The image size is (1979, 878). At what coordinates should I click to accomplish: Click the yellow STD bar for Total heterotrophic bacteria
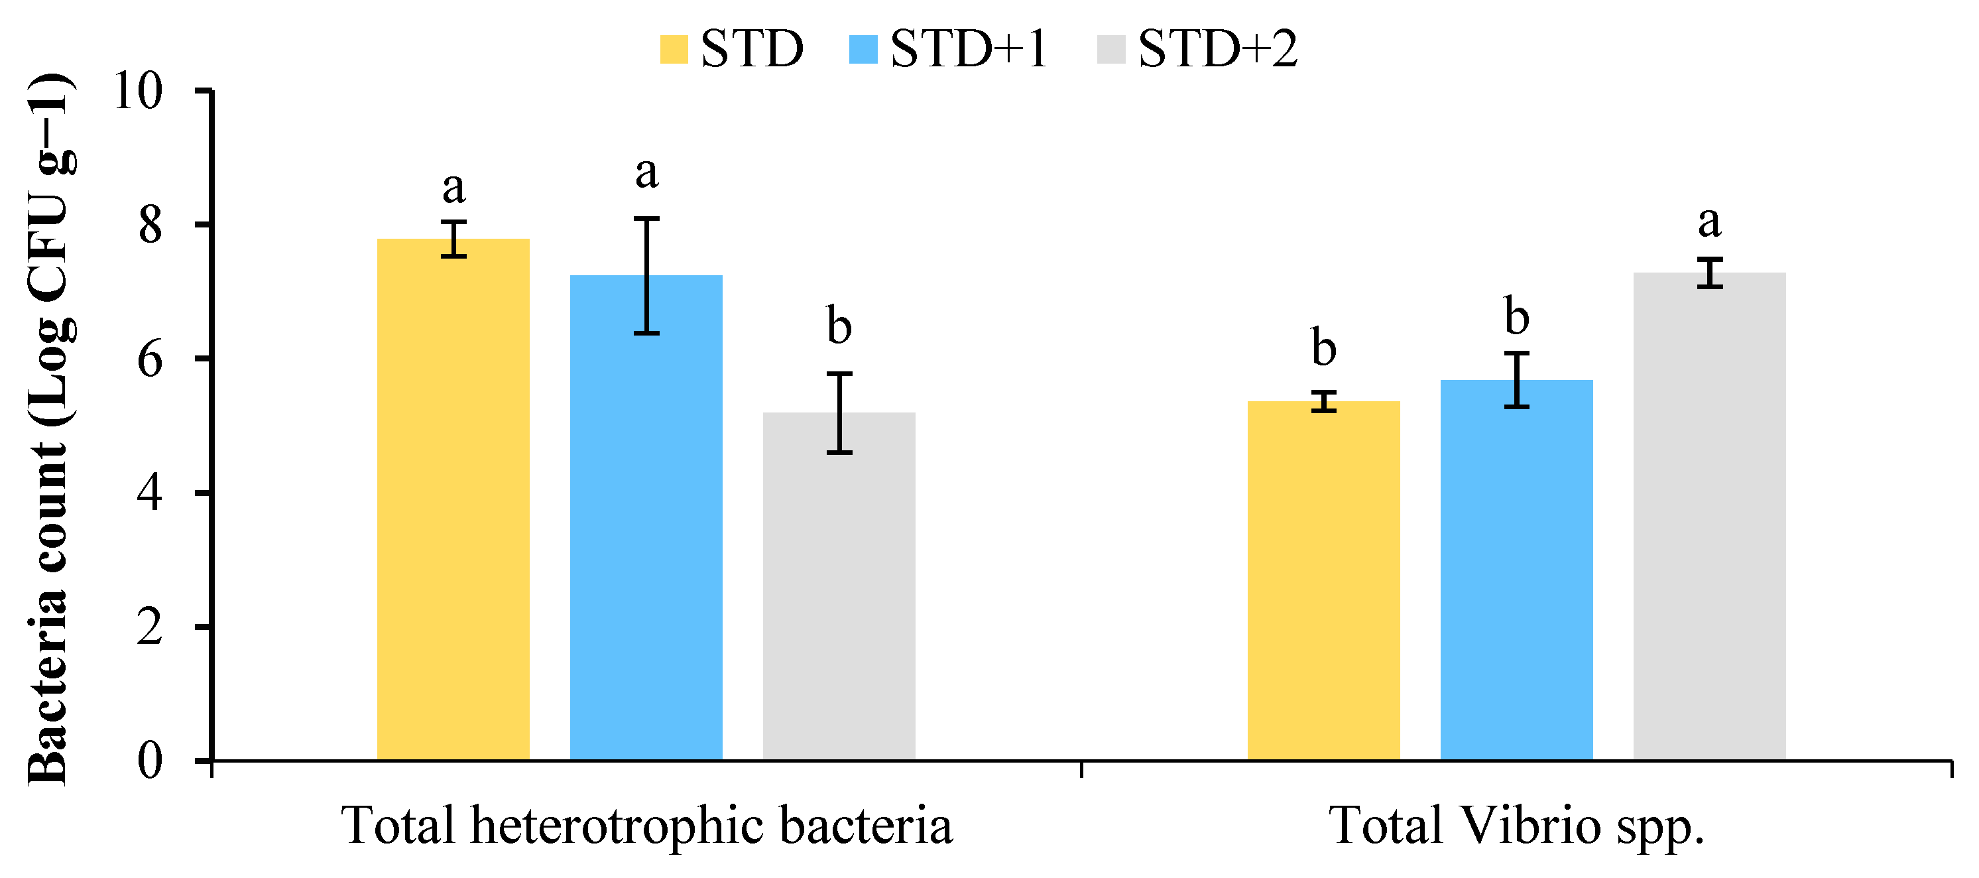tap(453, 499)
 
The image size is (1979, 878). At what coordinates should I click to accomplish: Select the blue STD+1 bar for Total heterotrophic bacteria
tap(646, 519)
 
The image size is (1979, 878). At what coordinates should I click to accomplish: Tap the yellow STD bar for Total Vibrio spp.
tap(1324, 581)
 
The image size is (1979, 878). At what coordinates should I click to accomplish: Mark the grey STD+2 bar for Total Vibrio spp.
tap(1709, 516)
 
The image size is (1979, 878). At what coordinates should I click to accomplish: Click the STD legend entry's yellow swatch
tap(674, 49)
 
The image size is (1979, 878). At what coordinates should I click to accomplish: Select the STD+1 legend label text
tap(968, 49)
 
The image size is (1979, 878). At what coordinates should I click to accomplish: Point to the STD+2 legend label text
tap(1218, 49)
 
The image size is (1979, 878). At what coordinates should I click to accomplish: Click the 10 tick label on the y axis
tap(139, 92)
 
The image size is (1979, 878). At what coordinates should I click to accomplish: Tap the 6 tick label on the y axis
tap(150, 359)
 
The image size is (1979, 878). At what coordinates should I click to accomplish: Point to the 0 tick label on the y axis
tap(150, 761)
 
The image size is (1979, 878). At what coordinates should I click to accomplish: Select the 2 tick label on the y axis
tap(150, 627)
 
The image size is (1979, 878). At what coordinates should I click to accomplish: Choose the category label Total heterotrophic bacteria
tap(647, 826)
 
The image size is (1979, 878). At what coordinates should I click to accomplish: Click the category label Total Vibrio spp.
tap(1516, 826)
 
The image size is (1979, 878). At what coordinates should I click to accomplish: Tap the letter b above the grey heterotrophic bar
tap(839, 326)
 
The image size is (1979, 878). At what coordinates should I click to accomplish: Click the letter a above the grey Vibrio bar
tap(1709, 222)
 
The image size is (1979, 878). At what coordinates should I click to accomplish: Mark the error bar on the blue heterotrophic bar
tap(647, 276)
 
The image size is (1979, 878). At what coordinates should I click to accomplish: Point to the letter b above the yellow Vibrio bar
tap(1324, 347)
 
